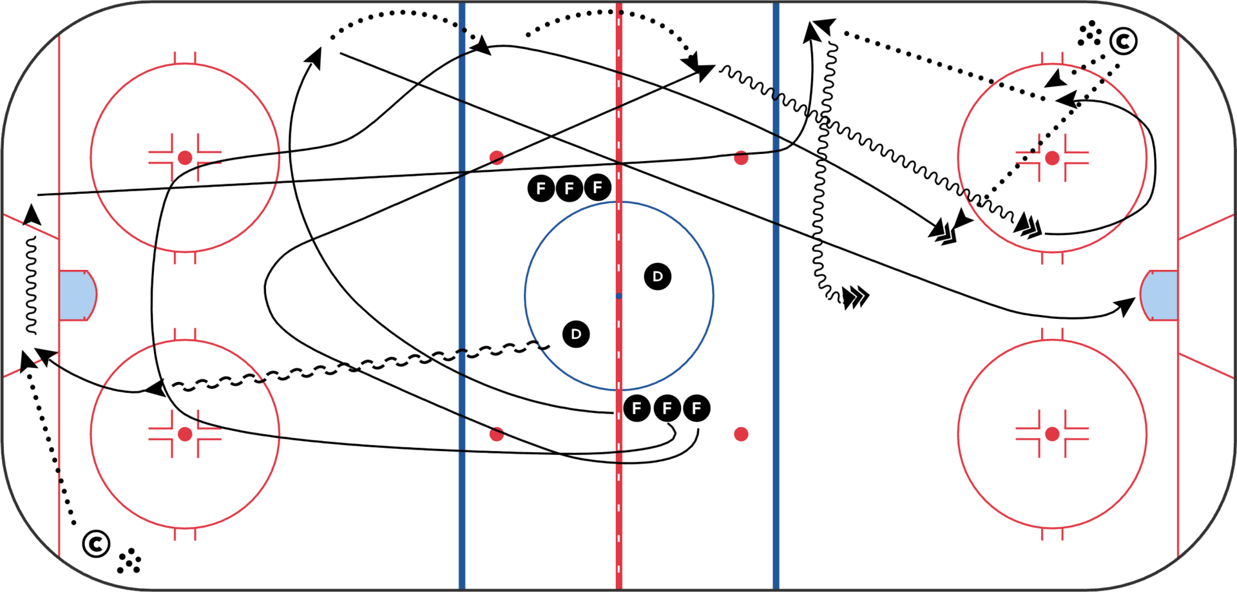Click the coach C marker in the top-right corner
[1123, 41]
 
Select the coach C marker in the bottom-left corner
[96, 544]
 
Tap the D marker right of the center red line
[657, 276]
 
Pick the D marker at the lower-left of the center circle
[576, 334]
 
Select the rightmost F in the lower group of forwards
[696, 408]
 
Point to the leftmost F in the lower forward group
[637, 408]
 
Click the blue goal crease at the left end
[76, 296]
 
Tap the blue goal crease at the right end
[1160, 296]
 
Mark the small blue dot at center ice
[618, 296]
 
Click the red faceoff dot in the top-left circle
[185, 158]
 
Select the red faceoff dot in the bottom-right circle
[1052, 434]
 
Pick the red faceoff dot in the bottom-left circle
[185, 434]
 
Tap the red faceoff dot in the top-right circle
[1052, 158]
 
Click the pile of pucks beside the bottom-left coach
[129, 561]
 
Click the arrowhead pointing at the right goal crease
[1127, 305]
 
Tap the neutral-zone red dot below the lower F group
[741, 434]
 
